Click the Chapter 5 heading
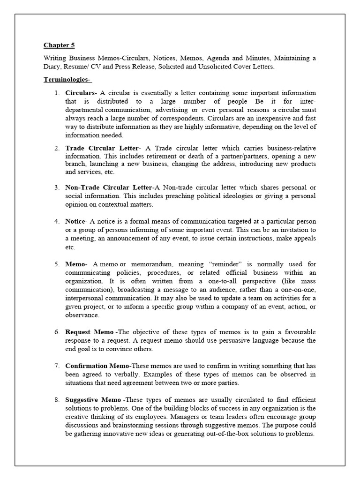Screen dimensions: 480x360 tap(59, 45)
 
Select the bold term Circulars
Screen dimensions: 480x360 tap(79, 93)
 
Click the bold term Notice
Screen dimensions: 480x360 tap(75, 221)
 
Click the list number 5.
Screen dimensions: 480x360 tap(56, 264)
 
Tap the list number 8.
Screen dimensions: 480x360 tap(56, 399)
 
